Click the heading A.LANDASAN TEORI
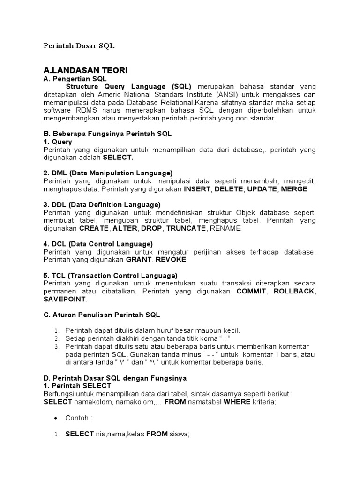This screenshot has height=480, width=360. (85, 70)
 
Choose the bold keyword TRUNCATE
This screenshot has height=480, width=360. (186, 228)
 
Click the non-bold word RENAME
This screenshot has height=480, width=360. (225, 228)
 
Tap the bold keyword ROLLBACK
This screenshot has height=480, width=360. (293, 291)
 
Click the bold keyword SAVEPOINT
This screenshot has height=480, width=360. (65, 299)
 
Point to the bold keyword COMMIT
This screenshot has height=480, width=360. (251, 291)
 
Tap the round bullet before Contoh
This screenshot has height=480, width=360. (56, 418)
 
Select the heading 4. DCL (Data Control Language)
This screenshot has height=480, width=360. (98, 244)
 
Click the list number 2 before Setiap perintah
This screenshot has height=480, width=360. (57, 338)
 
